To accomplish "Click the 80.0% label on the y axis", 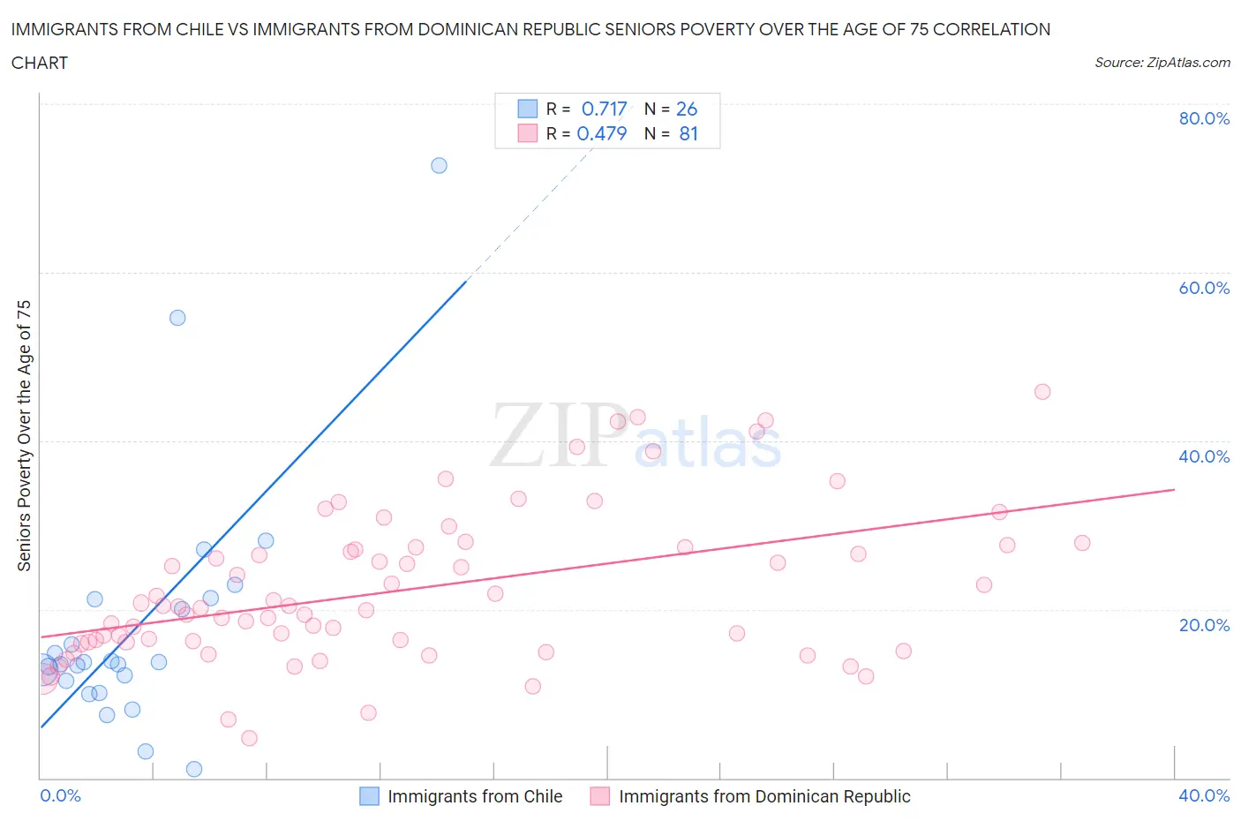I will coord(1203,118).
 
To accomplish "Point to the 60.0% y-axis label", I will coord(1203,288).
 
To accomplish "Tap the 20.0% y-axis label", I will coord(1203,625).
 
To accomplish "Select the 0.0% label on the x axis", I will coord(60,795).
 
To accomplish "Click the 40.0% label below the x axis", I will coord(1203,795).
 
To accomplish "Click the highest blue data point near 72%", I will coord(439,165).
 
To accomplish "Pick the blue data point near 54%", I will coord(177,318).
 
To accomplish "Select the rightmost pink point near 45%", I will coord(1042,392).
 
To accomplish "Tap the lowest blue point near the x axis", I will coord(194,769).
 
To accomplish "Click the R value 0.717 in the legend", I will coord(604,109).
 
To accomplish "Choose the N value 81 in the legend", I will coord(688,133).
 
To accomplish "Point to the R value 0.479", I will coord(601,133).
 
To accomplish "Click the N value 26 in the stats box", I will coord(687,109).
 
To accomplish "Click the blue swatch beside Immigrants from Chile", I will coord(369,796).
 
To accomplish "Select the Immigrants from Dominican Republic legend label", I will coord(764,796).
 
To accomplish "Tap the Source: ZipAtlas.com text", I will coord(1162,62).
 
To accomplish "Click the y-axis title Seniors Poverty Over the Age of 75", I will coord(25,435).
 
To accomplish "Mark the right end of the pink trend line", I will coord(1174,489).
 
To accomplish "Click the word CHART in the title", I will coord(40,63).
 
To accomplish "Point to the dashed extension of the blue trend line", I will coord(530,212).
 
